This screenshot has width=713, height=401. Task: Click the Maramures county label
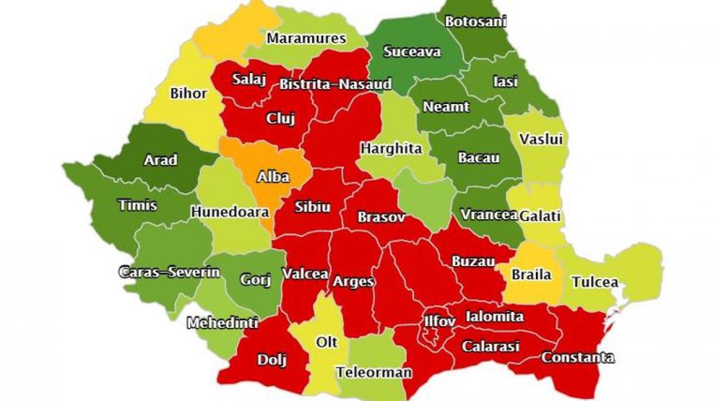306,39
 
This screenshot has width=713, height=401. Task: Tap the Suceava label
412,52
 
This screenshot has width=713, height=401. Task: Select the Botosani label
475,21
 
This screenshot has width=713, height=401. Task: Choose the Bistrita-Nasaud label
335,84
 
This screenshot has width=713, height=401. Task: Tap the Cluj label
280,118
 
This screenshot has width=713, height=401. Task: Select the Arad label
160,160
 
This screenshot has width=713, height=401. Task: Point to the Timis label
138,206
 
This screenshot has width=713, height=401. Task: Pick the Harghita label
391,148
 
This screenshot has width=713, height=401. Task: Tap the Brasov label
381,217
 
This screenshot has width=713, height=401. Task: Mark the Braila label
532,274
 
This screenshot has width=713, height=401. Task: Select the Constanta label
578,358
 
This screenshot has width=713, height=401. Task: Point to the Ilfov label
439,321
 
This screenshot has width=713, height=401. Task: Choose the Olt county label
326,342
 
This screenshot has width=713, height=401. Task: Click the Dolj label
272,359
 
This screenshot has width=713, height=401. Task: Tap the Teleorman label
374,373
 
